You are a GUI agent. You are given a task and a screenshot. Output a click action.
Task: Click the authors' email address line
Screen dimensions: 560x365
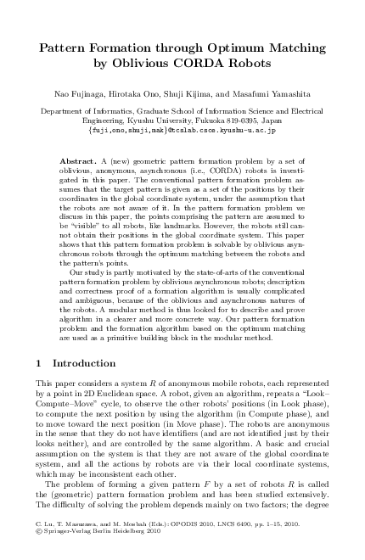[182, 132]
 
